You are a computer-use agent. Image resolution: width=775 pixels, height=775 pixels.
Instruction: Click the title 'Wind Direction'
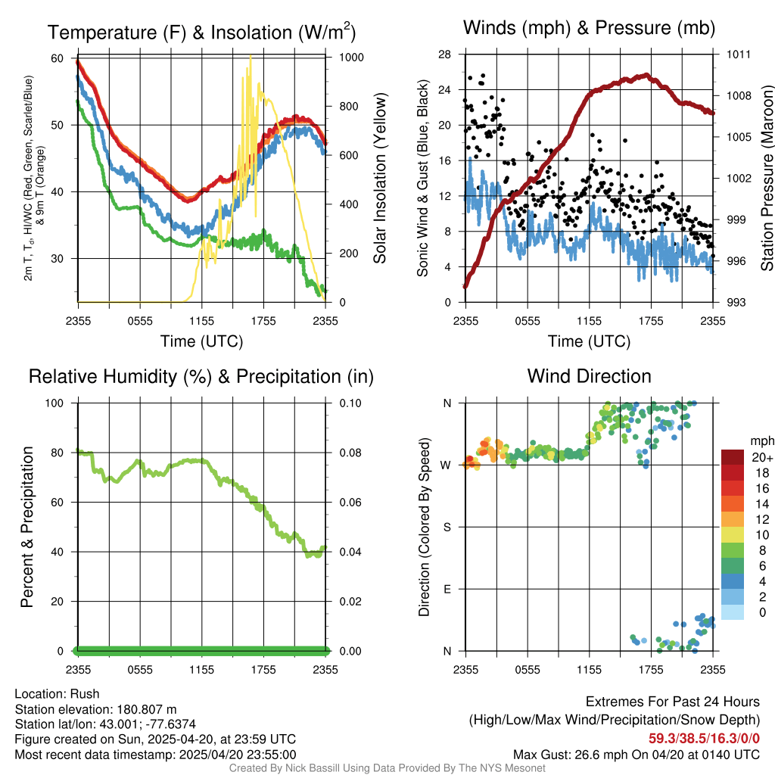coord(589,376)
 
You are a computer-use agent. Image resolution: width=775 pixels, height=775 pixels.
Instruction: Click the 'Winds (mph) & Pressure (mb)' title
coord(589,29)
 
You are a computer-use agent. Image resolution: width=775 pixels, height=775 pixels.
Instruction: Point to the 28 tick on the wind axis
coord(445,54)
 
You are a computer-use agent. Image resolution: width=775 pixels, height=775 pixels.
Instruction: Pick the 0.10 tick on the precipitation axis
coord(350,403)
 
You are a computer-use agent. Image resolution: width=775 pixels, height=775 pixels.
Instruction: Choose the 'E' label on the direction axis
coord(446,589)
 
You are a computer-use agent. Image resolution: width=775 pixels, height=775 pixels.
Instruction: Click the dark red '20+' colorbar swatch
coord(733,457)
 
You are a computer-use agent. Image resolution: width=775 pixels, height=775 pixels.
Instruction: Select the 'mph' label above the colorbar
coord(761,440)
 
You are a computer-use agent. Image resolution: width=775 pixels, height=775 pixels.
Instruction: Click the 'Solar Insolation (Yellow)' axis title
coord(380,179)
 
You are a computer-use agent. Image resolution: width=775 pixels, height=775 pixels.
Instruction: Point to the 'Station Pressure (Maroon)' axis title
coord(767,179)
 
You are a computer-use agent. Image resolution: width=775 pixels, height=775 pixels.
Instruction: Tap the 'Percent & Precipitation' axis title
coord(28,527)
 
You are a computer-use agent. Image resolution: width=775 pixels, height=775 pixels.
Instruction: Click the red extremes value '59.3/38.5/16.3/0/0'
coord(704,738)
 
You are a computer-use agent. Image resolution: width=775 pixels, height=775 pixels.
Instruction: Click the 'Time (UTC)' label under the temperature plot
coord(202,341)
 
